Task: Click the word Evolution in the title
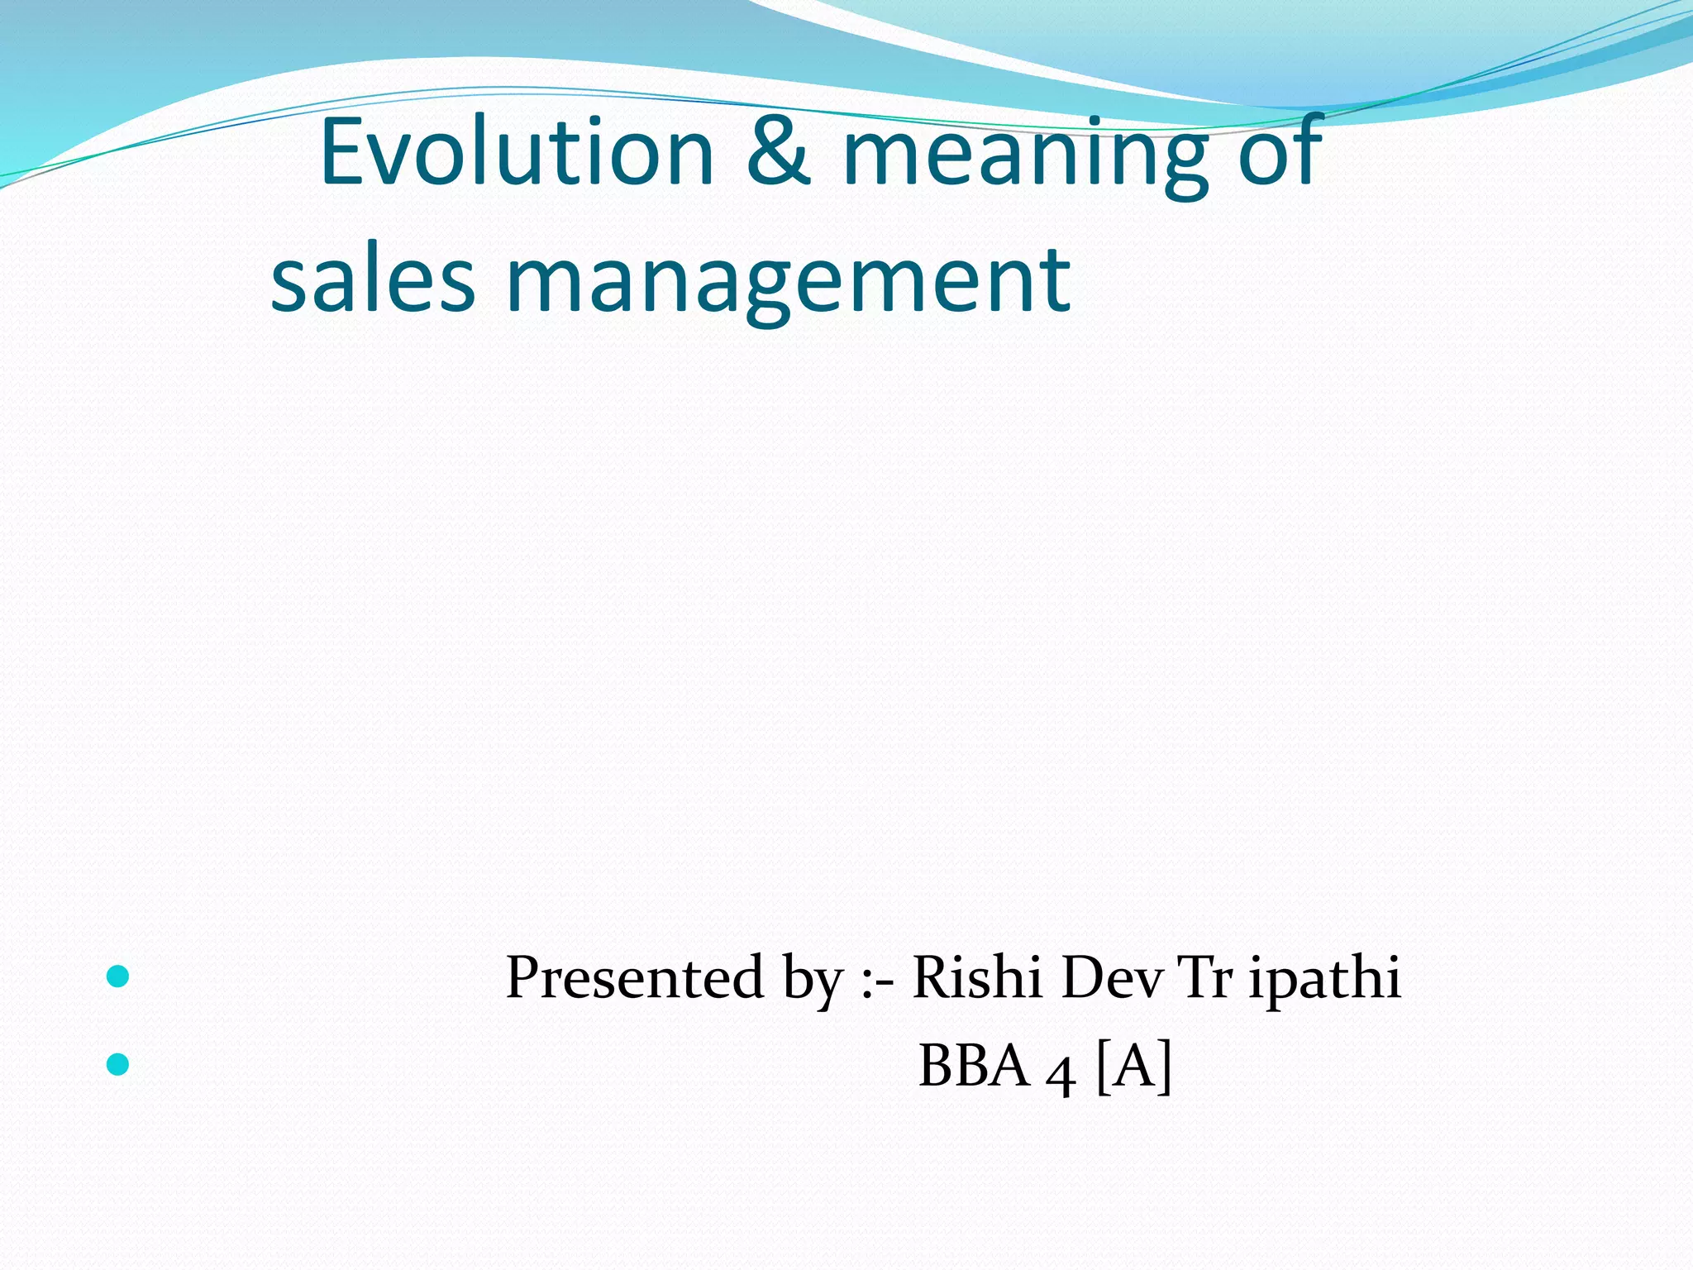(x=517, y=152)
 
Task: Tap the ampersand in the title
(x=778, y=152)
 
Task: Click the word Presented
(x=634, y=977)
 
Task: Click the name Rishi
(x=976, y=977)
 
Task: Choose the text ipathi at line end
(x=1324, y=981)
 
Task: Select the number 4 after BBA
(x=1061, y=1073)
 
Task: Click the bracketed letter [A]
(x=1134, y=1067)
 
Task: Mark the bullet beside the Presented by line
(x=118, y=976)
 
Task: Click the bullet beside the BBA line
(x=118, y=1064)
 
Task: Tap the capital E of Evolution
(x=342, y=152)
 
